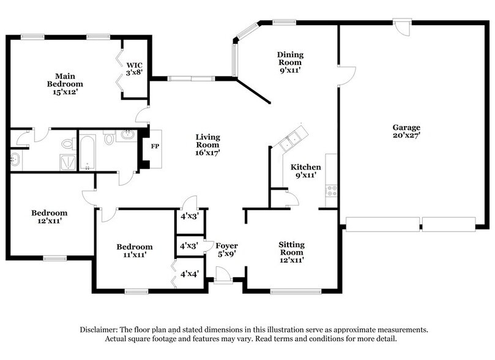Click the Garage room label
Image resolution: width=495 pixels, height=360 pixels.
pyautogui.click(x=406, y=127)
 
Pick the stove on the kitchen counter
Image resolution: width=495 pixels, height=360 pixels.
pyautogui.click(x=331, y=190)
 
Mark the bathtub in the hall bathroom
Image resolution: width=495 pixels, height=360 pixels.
pyautogui.click(x=87, y=152)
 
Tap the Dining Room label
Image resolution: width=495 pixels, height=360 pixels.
pyautogui.click(x=290, y=58)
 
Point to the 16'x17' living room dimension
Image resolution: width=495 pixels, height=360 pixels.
pyautogui.click(x=207, y=152)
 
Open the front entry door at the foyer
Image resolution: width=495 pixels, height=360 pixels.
pyautogui.click(x=223, y=277)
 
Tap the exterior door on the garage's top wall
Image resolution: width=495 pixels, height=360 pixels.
pyautogui.click(x=402, y=28)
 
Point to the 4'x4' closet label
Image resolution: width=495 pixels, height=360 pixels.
pyautogui.click(x=188, y=274)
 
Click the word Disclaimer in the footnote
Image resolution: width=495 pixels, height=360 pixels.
pyautogui.click(x=99, y=329)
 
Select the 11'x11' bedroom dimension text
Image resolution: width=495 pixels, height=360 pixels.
pyautogui.click(x=134, y=255)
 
